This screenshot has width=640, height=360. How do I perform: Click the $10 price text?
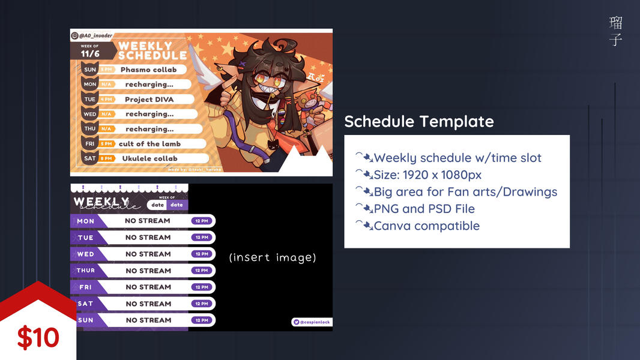coord(38,338)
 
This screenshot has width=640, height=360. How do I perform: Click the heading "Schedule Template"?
coord(418,121)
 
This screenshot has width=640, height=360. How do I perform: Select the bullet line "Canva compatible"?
coord(426,226)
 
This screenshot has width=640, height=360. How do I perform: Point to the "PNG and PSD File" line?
coord(423,209)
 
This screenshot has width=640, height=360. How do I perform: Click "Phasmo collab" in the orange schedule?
coord(148,70)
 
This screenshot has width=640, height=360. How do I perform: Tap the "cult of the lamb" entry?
coord(149,144)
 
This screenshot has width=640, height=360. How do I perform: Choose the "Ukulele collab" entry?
coord(149,158)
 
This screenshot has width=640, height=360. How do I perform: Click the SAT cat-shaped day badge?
coord(90,158)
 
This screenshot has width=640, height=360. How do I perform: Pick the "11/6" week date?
coord(90,53)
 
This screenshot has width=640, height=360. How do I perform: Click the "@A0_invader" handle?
coord(95,35)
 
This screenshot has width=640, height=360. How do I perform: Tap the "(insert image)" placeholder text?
coord(273,257)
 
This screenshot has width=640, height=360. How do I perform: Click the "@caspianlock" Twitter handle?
coord(312,322)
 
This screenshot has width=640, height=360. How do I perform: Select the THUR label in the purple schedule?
coord(85,271)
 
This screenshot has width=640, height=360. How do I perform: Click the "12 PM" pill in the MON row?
coord(201,221)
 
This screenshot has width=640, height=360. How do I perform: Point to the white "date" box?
coord(157,205)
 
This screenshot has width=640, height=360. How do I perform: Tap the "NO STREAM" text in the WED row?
coord(148,254)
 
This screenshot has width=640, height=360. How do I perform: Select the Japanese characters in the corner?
coord(615,31)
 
